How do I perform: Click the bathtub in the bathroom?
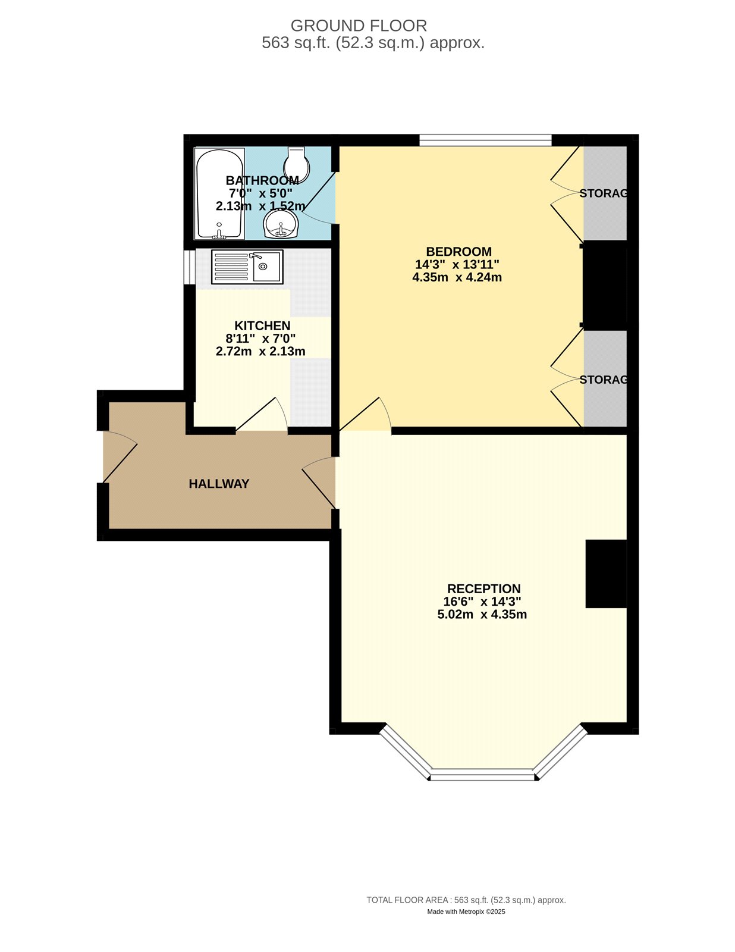coord(219,193)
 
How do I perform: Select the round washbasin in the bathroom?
coord(281,224)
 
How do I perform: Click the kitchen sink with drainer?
coord(247,267)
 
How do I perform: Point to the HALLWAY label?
coord(219,484)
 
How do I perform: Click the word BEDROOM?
coord(458,252)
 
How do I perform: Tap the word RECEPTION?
coord(483,588)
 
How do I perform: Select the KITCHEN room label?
coord(262,325)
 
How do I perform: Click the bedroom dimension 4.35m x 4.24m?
coord(457,277)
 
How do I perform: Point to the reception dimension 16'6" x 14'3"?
coord(482,601)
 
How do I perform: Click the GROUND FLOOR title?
coord(359,26)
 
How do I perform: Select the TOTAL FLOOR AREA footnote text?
coord(466,900)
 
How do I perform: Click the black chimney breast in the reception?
coord(607,574)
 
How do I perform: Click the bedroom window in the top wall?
coord(485,140)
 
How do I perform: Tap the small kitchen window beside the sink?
coord(190,267)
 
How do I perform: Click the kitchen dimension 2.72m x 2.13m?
coord(260,351)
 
